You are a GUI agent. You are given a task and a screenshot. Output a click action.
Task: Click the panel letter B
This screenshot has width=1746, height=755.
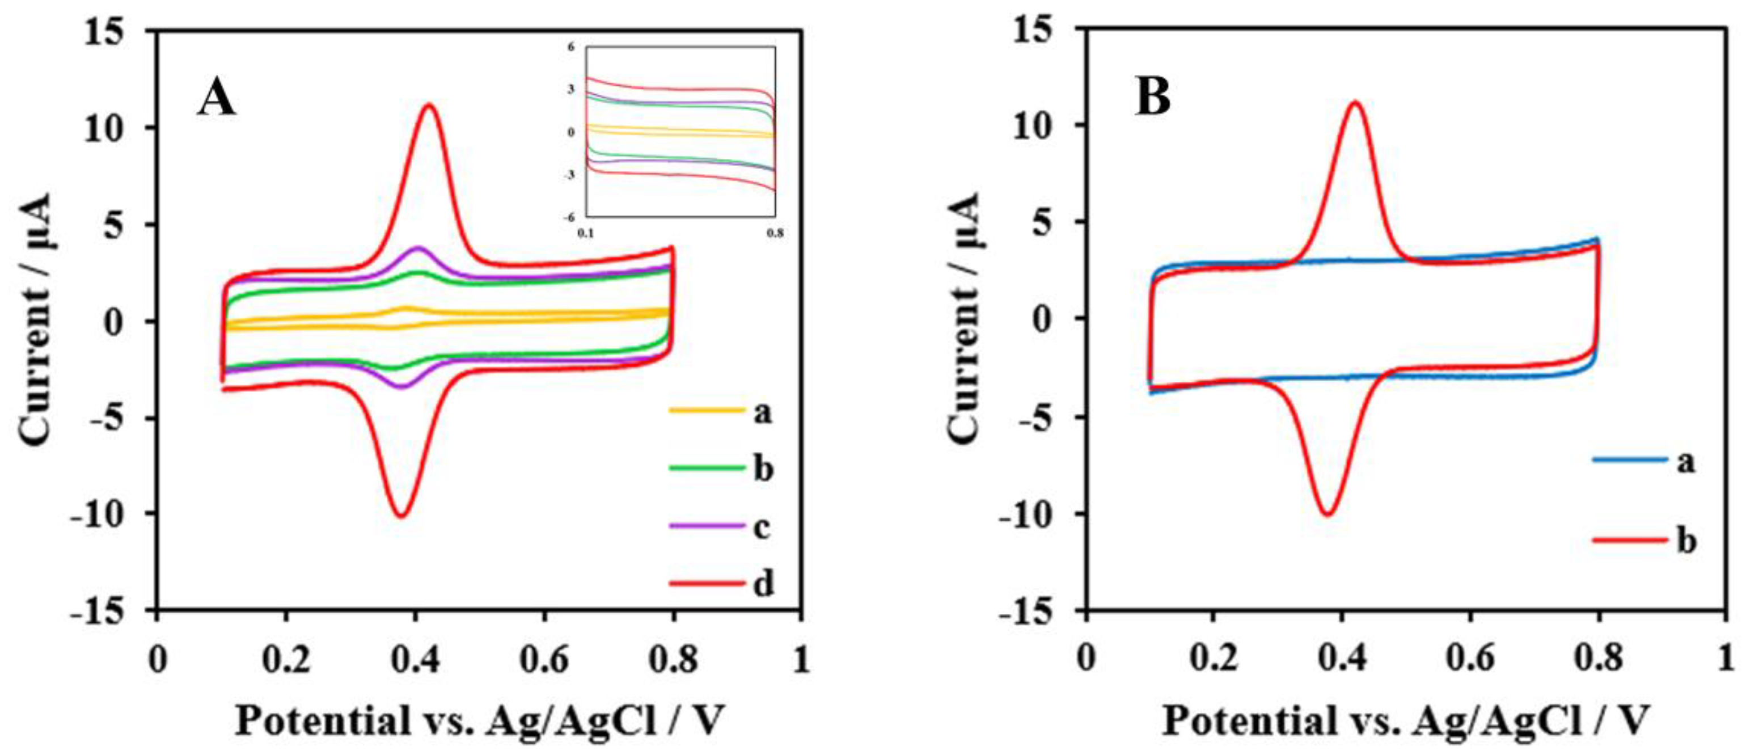(x=1153, y=98)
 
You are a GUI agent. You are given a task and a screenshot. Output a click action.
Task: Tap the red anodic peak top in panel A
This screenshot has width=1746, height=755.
(x=428, y=105)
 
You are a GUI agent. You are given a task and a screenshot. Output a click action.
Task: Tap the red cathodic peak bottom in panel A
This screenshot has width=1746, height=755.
(x=401, y=516)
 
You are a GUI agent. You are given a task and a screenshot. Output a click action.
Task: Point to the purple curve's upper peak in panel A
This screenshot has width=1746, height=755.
(x=418, y=248)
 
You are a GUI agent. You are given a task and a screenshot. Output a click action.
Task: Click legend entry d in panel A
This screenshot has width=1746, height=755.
(x=721, y=584)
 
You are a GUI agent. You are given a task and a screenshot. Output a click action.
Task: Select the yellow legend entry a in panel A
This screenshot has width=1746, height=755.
(x=721, y=411)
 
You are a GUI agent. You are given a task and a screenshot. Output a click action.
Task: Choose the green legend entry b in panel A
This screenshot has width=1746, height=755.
(x=721, y=469)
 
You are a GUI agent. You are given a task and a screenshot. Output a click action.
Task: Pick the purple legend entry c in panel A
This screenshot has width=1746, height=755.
(x=721, y=526)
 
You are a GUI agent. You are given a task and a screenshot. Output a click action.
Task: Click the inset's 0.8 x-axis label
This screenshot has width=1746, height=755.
(x=775, y=234)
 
